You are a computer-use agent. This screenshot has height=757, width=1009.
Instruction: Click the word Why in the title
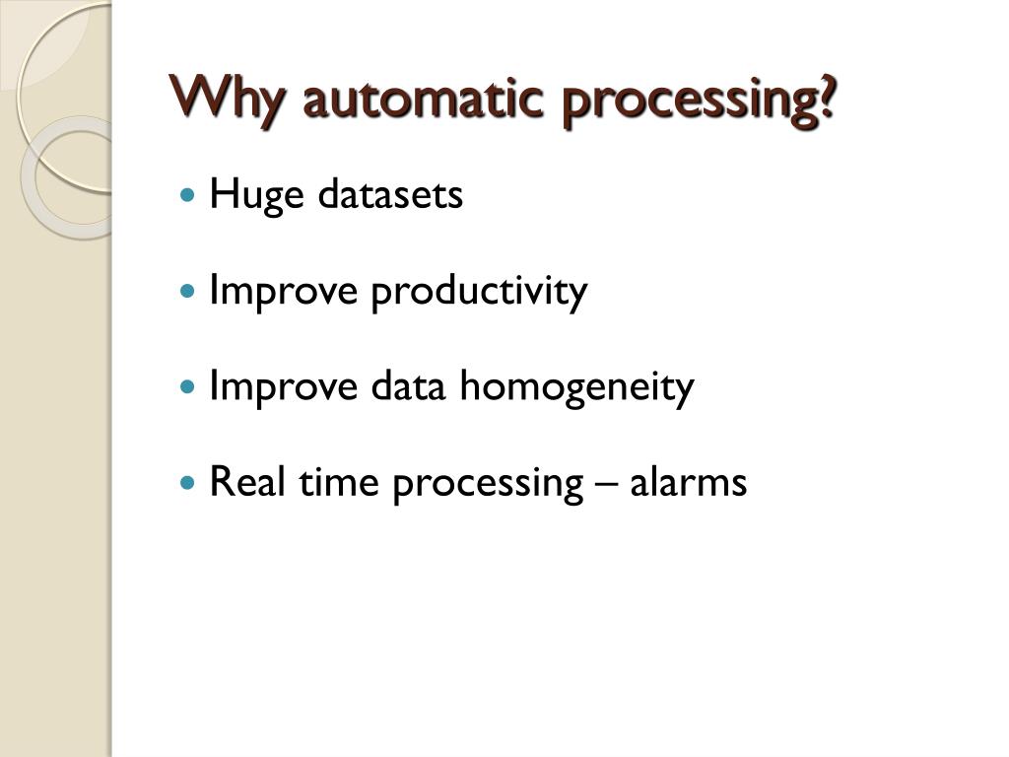(x=230, y=100)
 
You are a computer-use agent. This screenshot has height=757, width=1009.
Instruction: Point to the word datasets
(x=390, y=194)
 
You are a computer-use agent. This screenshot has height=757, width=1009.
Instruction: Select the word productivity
(x=479, y=292)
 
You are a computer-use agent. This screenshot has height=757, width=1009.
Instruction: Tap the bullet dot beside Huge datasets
(x=190, y=196)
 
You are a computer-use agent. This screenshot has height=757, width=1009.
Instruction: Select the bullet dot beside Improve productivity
(x=190, y=293)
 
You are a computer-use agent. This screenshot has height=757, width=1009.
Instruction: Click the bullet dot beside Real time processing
(x=190, y=484)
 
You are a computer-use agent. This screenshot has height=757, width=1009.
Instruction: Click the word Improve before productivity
(x=285, y=292)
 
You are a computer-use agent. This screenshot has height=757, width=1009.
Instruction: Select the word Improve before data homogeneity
(x=285, y=387)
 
